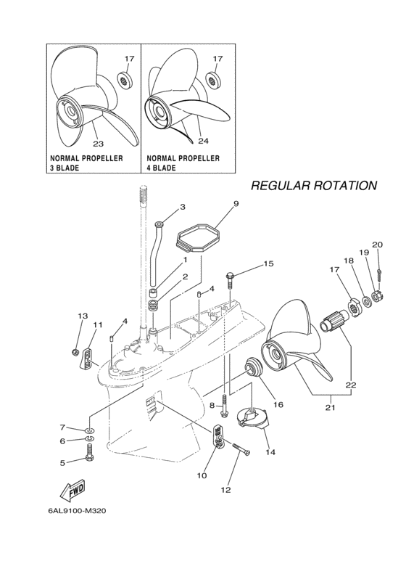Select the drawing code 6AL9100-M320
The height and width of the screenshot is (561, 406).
point(78,512)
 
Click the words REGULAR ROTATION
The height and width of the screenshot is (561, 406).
point(313,186)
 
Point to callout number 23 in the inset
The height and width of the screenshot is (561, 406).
point(98,143)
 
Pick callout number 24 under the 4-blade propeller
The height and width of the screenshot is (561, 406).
point(203,141)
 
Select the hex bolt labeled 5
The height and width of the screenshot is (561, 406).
point(89,456)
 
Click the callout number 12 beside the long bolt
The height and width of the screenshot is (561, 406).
point(225,490)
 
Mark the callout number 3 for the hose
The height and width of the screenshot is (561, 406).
point(182,207)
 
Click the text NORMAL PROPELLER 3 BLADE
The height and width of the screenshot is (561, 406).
point(86,163)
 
